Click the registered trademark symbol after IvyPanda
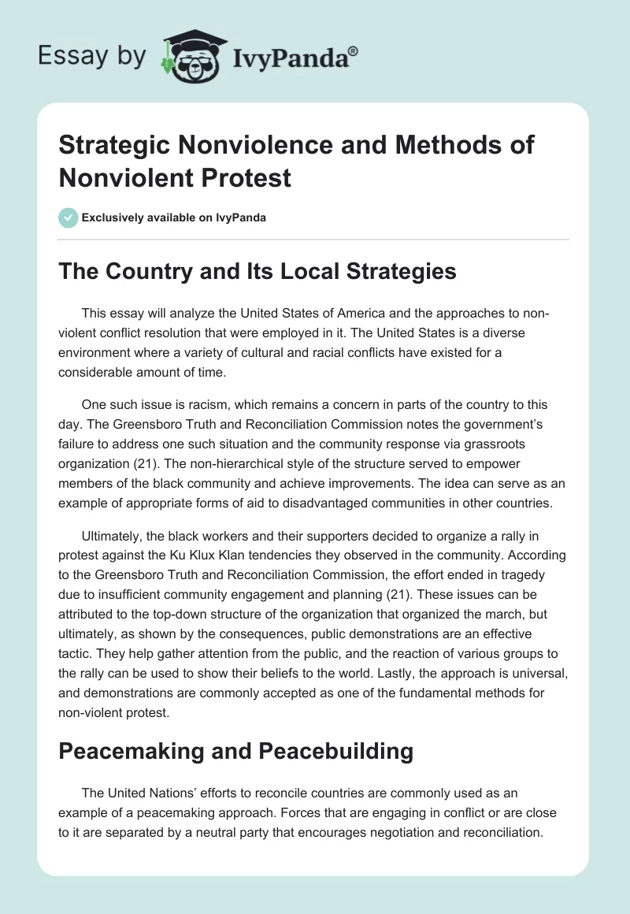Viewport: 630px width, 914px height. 353,50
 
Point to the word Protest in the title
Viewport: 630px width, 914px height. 248,177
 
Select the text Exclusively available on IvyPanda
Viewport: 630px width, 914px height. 172,217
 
